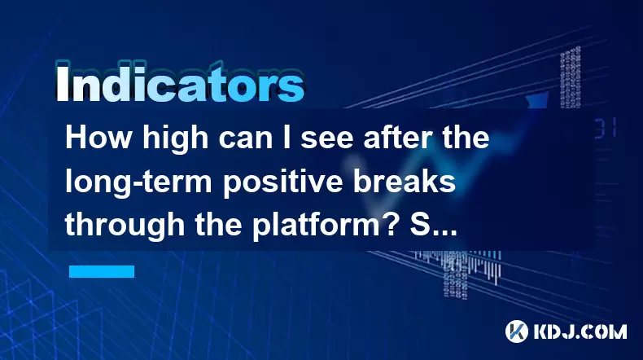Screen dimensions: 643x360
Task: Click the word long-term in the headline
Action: pos(138,183)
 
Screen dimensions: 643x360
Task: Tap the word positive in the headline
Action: pos(282,183)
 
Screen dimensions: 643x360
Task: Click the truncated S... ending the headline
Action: pos(434,226)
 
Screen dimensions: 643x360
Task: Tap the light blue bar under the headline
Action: pos(102,271)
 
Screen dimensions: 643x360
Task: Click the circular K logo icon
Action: pos(517,331)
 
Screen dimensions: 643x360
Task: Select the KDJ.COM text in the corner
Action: pos(580,331)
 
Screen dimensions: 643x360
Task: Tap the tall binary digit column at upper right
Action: pos(571,77)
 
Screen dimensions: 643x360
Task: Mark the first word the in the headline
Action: pos(469,138)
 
